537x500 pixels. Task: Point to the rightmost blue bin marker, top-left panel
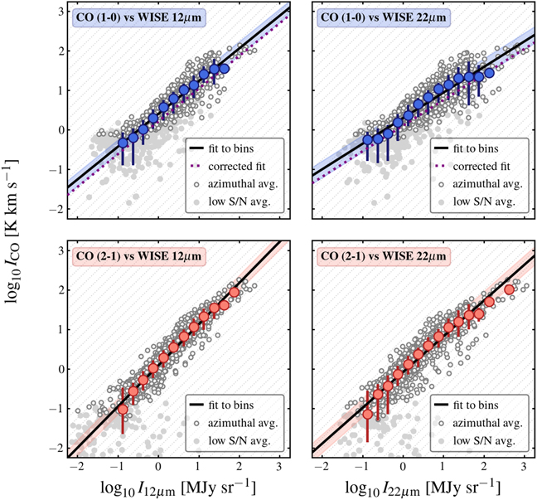[x=224, y=69]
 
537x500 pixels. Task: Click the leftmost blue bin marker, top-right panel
[x=368, y=140]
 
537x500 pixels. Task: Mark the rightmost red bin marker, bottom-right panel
[x=509, y=289]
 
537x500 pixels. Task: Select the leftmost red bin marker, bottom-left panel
[x=123, y=410]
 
